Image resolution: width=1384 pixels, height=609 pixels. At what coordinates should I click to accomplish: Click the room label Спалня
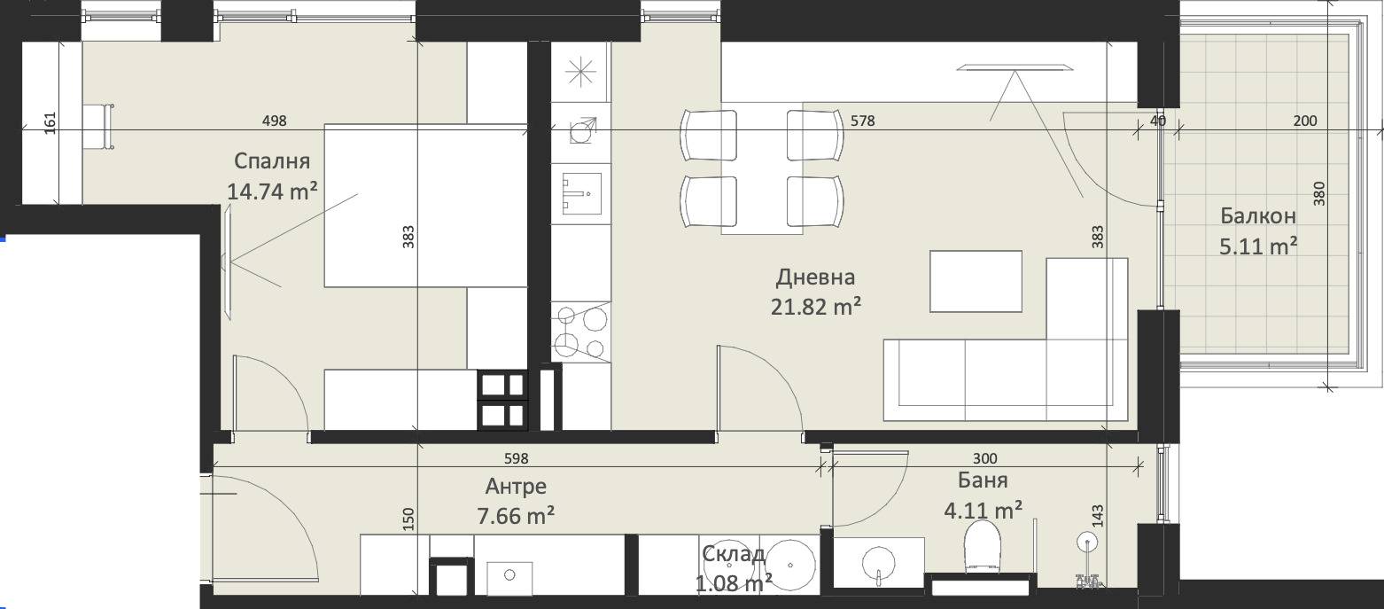272,162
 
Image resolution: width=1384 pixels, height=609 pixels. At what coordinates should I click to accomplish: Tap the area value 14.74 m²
272,191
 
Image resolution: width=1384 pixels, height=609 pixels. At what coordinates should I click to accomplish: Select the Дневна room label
815,277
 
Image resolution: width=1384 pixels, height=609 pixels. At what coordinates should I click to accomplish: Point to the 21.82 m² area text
815,306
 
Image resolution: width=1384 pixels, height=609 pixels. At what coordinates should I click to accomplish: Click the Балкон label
1258,216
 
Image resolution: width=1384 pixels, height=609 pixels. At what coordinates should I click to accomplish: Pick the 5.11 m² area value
1258,246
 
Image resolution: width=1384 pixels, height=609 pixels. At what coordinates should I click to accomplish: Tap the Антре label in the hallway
516,488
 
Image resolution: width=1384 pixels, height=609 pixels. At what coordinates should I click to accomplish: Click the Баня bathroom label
983,480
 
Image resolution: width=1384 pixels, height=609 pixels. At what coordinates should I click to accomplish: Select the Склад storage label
734,554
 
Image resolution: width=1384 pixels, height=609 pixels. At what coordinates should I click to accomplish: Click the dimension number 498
275,121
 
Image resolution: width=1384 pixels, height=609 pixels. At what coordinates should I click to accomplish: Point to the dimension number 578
862,121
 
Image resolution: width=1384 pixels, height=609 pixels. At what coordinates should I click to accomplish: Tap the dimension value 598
517,459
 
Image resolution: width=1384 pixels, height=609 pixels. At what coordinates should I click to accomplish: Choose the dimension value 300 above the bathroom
985,459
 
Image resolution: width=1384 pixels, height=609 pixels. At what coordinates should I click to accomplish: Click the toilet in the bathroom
982,544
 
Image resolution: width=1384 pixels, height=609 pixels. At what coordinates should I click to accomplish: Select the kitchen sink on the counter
581,193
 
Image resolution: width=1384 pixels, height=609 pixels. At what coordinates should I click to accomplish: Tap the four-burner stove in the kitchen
580,332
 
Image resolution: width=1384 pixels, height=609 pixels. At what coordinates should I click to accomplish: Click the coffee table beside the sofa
976,281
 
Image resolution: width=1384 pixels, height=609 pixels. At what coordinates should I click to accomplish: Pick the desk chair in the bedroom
99,127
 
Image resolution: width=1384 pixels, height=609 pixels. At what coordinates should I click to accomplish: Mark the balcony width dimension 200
1305,121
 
